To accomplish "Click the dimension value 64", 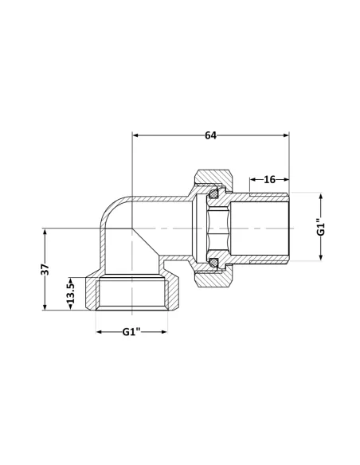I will [x=210, y=135].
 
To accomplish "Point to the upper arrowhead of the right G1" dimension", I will [x=322, y=195].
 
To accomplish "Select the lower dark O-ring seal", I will [x=213, y=260].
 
